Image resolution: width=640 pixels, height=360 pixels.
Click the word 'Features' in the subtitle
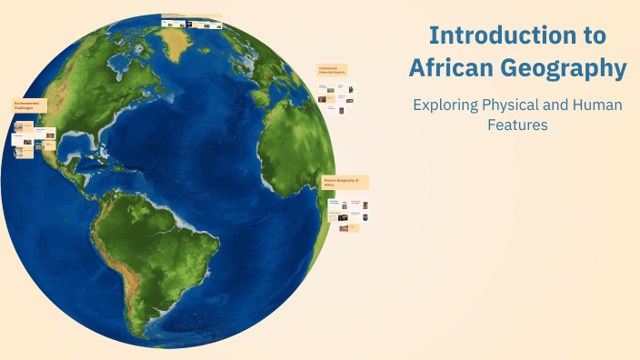click(517, 125)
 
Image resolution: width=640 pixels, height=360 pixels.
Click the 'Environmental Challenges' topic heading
click(29, 107)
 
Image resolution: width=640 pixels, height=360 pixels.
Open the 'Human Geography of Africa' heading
click(345, 182)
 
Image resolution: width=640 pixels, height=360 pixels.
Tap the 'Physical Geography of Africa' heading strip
click(192, 16)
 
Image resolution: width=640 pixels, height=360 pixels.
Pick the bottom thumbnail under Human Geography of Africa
click(345, 228)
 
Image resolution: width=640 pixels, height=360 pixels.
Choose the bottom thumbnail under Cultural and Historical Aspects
click(333, 109)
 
